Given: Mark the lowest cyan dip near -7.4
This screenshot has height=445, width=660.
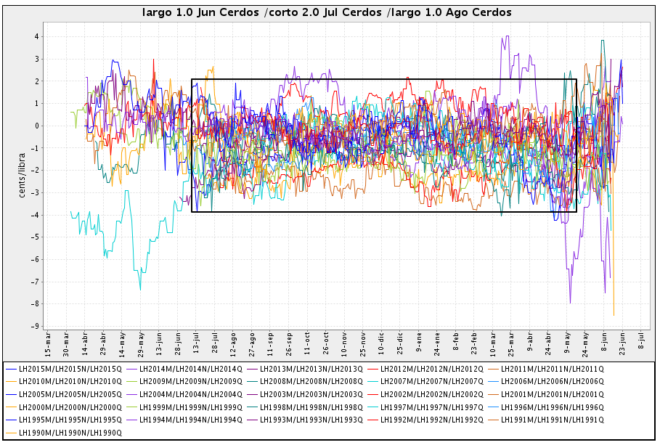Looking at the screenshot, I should click(x=140, y=290).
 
